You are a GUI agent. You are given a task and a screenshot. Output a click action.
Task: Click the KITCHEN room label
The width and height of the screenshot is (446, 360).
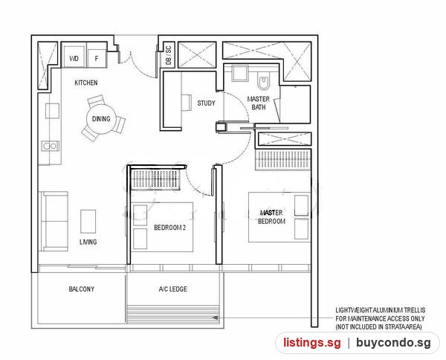(x=86, y=83)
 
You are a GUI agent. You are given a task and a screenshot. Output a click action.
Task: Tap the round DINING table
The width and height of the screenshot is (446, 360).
(x=101, y=119)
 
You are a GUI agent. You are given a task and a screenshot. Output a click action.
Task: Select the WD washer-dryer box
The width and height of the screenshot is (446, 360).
(x=74, y=58)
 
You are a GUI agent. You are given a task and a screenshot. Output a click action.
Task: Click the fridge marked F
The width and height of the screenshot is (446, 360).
(x=97, y=58)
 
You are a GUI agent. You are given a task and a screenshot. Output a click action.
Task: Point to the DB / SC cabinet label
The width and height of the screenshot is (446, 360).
(x=169, y=55)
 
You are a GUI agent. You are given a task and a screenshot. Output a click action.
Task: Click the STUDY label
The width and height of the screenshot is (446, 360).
(x=206, y=103)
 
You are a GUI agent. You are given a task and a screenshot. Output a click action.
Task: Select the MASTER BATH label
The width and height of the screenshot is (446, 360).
(x=258, y=103)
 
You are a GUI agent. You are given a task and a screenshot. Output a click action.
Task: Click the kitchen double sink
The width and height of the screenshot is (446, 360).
(x=50, y=146)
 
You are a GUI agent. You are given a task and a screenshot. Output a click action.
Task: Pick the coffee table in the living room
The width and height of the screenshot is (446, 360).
(x=88, y=222)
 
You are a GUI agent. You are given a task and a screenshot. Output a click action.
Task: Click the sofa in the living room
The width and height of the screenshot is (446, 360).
(x=54, y=221)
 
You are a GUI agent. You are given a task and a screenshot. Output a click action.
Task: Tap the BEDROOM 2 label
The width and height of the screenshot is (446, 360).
(x=169, y=228)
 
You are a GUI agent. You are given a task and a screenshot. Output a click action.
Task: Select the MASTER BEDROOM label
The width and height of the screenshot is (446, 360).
(x=271, y=217)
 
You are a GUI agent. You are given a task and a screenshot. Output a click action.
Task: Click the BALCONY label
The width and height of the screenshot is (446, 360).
(x=81, y=289)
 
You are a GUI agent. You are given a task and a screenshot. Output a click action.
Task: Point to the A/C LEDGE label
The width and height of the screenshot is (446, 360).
(x=173, y=289)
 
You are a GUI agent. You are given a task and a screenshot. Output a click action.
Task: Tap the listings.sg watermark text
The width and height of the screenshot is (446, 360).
(x=311, y=342)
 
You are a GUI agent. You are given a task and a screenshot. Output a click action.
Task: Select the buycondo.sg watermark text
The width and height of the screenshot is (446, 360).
(x=394, y=342)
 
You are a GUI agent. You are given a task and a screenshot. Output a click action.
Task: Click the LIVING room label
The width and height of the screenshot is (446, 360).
(x=88, y=242)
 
